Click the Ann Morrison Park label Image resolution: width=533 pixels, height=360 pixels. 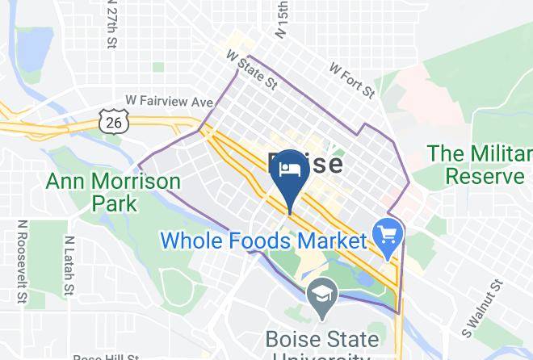click(x=113, y=190)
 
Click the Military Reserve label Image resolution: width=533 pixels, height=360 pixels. click(x=480, y=164)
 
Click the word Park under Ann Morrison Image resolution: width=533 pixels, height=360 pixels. click(x=115, y=202)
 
